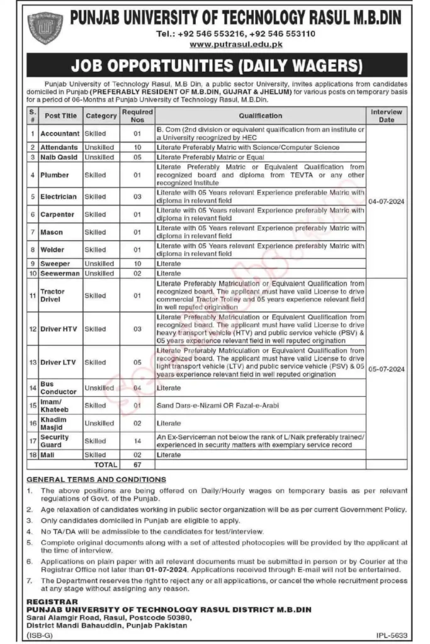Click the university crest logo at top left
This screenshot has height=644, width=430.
[x=45, y=28]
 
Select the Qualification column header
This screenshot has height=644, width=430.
[x=260, y=116]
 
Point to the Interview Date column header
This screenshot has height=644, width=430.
[x=387, y=116]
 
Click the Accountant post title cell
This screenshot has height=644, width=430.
[x=60, y=133]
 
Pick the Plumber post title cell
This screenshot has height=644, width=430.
[x=55, y=175]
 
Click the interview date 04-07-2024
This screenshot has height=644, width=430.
[x=387, y=202]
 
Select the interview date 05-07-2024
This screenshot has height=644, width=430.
[x=387, y=353]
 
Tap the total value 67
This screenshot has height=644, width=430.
[x=137, y=465]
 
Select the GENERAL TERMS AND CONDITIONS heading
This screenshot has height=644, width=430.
[x=97, y=480]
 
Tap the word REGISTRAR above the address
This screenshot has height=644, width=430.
[x=48, y=602]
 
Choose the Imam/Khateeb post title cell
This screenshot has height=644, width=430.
[x=55, y=406]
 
